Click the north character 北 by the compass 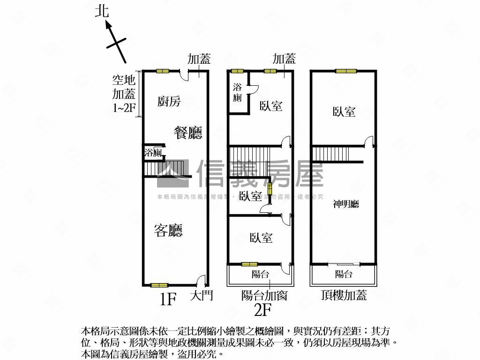(x=102, y=11)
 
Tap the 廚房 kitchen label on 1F (x=169, y=101)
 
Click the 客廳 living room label (x=168, y=230)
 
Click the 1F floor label (x=167, y=299)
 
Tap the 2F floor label (x=263, y=309)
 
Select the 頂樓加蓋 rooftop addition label (x=344, y=295)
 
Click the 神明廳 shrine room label (x=346, y=204)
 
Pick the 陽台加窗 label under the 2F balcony (x=264, y=295)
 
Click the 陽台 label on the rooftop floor (x=344, y=274)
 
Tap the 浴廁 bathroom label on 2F (x=237, y=92)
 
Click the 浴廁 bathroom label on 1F (x=153, y=153)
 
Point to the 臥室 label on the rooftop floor (x=344, y=112)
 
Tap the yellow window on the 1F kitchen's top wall (x=163, y=71)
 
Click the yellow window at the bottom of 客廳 (x=159, y=285)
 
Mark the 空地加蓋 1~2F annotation (x=124, y=94)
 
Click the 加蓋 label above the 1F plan (x=199, y=59)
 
